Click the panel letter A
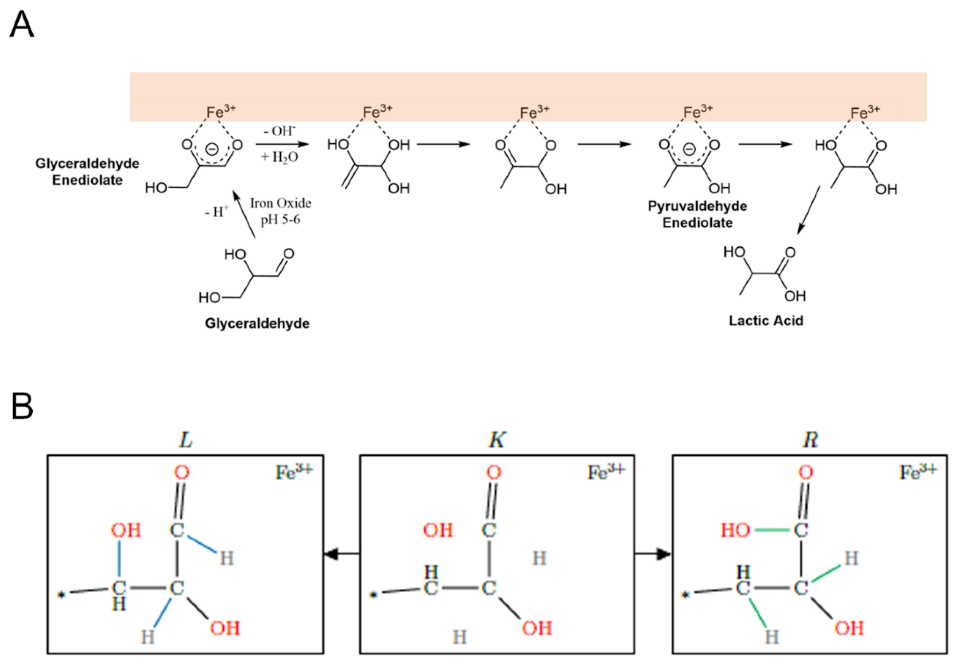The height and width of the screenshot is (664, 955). coord(22,25)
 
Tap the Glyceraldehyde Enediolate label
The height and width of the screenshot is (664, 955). coord(87,172)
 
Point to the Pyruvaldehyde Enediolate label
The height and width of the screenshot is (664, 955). coord(697,215)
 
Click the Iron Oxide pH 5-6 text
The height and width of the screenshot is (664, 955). coord(281,211)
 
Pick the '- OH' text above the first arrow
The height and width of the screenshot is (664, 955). coord(280,131)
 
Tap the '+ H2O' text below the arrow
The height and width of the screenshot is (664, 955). coord(279,157)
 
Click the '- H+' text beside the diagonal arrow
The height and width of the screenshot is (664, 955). coord(217,212)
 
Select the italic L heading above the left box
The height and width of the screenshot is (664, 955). coord(185,440)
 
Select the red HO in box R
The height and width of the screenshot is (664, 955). coord(735,531)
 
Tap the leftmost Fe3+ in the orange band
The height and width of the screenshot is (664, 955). coord(221,111)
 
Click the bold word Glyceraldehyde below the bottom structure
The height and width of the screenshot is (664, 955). coord(257,323)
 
